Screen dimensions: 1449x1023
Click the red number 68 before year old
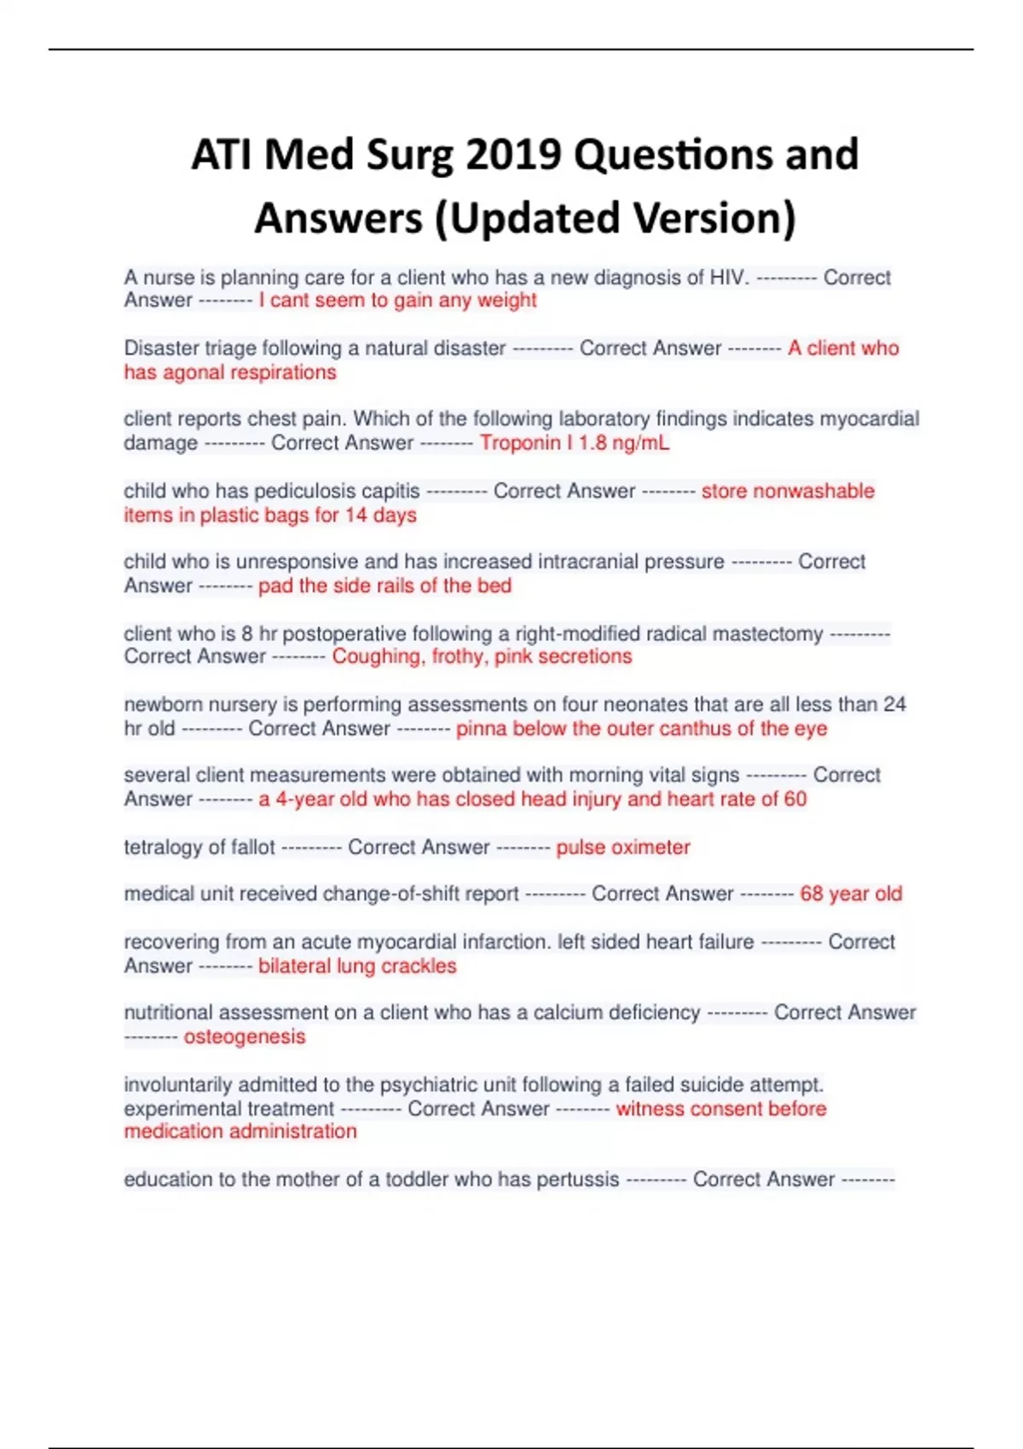[811, 894]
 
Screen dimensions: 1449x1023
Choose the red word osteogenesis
[244, 1036]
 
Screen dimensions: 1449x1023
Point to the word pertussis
[577, 1180]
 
